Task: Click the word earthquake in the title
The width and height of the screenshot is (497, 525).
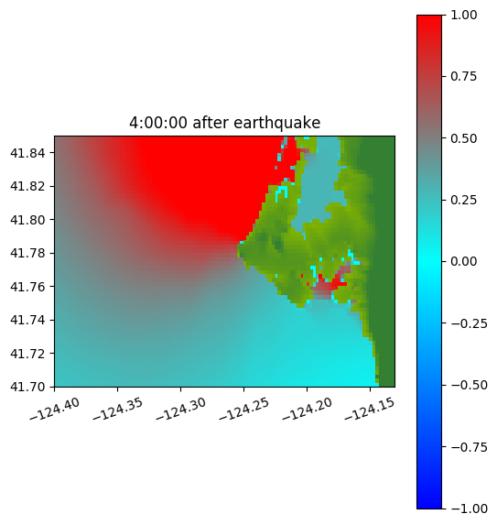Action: tap(277, 123)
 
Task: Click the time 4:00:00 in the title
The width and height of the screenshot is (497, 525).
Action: tap(158, 123)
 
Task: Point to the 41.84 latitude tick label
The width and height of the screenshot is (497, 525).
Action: tap(27, 153)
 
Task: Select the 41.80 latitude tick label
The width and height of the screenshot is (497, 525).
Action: tap(27, 220)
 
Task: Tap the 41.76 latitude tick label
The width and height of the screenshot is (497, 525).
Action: tap(27, 287)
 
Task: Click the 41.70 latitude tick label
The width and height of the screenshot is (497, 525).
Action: tap(27, 387)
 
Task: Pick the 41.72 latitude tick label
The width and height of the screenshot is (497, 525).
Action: tap(27, 354)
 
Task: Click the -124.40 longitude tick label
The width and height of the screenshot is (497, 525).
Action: tap(55, 410)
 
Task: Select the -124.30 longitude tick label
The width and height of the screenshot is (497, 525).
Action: tap(180, 410)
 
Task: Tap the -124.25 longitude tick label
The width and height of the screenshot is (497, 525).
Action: tap(243, 410)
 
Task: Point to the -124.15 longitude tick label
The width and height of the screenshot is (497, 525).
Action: tap(370, 410)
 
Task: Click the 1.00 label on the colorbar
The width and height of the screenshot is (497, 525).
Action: tap(463, 15)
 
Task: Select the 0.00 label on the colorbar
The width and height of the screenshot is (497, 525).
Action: tap(463, 261)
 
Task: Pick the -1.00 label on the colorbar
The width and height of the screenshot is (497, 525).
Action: tap(470, 509)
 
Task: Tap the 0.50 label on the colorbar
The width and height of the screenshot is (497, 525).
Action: tap(463, 138)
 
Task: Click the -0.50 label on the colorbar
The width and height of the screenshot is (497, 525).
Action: tap(470, 385)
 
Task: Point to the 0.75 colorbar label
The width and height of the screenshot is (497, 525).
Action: tap(463, 77)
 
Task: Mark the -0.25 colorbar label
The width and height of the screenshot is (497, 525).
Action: tap(470, 323)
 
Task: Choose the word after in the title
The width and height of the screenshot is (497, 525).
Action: tap(211, 123)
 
